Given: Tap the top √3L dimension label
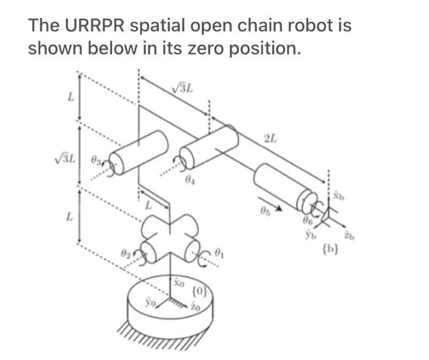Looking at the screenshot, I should click(x=182, y=88).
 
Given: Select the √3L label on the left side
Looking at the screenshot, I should click(x=67, y=162).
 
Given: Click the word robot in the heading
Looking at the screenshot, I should click(x=303, y=26).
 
